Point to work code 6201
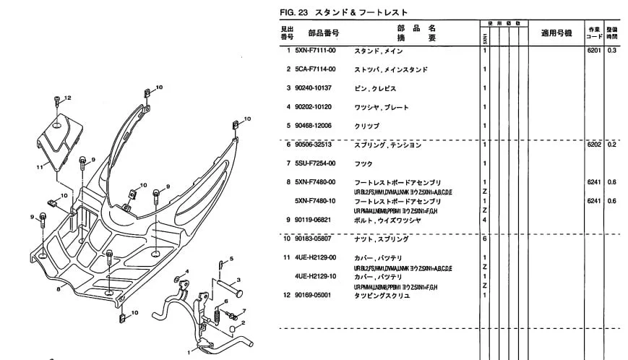(593, 51)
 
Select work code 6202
(593, 145)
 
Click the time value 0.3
(612, 51)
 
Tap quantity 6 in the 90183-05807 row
(483, 239)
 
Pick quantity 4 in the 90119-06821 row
(483, 220)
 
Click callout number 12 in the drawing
(68, 98)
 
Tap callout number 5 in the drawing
(231, 258)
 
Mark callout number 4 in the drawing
(187, 271)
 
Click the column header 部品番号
(323, 33)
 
